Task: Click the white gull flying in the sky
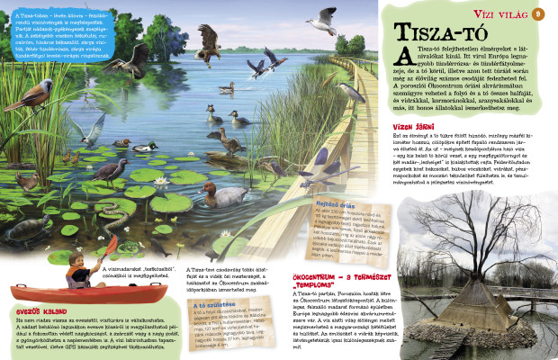(x=320, y=18)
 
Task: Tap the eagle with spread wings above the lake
(x=209, y=40)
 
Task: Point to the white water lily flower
(x=164, y=182)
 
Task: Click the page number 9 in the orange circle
(x=538, y=13)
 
